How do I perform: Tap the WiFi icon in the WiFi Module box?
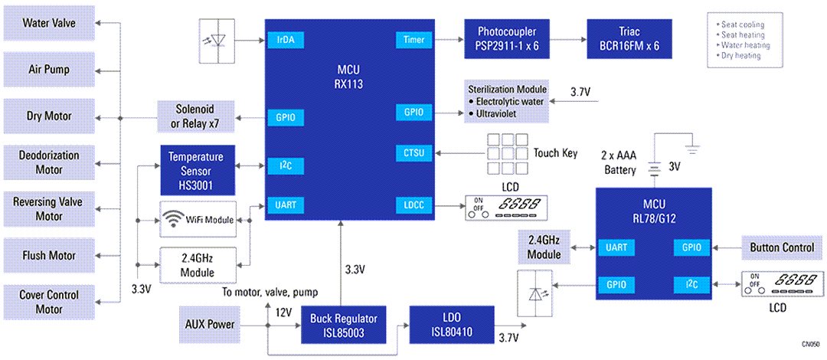pyautogui.click(x=174, y=221)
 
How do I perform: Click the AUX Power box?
pyautogui.click(x=210, y=324)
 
